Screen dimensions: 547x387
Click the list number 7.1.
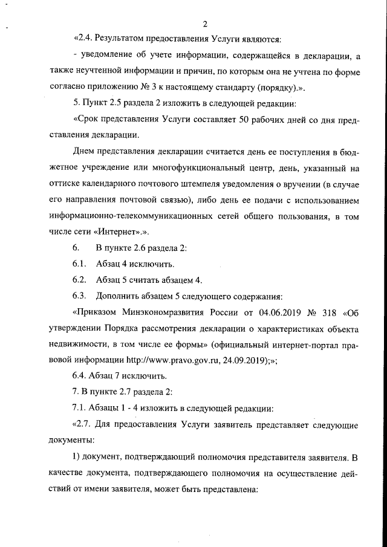(81, 409)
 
